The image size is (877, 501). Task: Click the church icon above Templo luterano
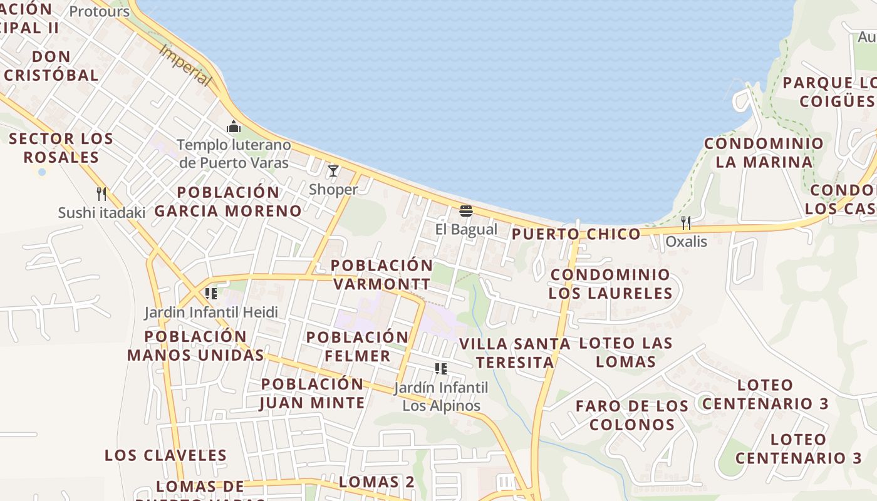click(234, 127)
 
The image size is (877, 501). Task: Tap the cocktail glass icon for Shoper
click(333, 170)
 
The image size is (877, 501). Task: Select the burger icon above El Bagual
click(465, 210)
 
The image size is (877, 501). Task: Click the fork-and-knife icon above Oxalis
click(686, 222)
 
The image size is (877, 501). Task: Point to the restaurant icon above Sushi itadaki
click(101, 194)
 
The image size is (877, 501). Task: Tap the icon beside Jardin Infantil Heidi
click(211, 293)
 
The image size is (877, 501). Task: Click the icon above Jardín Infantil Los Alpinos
click(441, 369)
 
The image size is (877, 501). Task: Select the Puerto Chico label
click(576, 234)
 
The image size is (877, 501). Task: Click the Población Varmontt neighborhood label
click(381, 274)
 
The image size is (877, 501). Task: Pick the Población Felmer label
click(357, 346)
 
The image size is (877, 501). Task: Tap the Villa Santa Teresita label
click(515, 353)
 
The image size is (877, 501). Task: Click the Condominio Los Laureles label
click(610, 284)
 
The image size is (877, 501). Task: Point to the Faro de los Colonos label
click(632, 415)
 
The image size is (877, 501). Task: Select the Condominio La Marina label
click(764, 152)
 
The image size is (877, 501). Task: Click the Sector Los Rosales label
click(61, 148)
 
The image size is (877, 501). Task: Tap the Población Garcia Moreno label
click(228, 201)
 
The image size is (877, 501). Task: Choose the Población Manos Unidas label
click(195, 346)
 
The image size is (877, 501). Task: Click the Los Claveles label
click(165, 455)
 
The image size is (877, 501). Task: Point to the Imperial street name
click(185, 65)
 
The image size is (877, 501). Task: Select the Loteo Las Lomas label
click(626, 352)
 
